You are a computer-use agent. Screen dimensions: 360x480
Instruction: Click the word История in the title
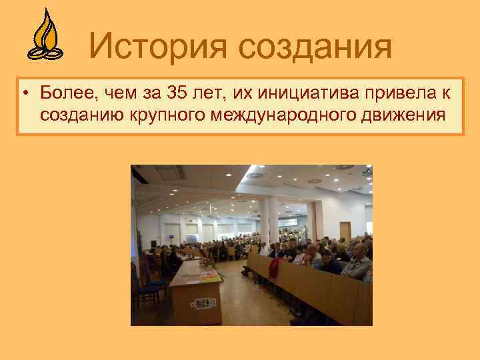[x=159, y=46]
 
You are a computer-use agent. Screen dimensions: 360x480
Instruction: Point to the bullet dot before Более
[x=25, y=93]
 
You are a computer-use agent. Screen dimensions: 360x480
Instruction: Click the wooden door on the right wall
[x=345, y=231]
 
